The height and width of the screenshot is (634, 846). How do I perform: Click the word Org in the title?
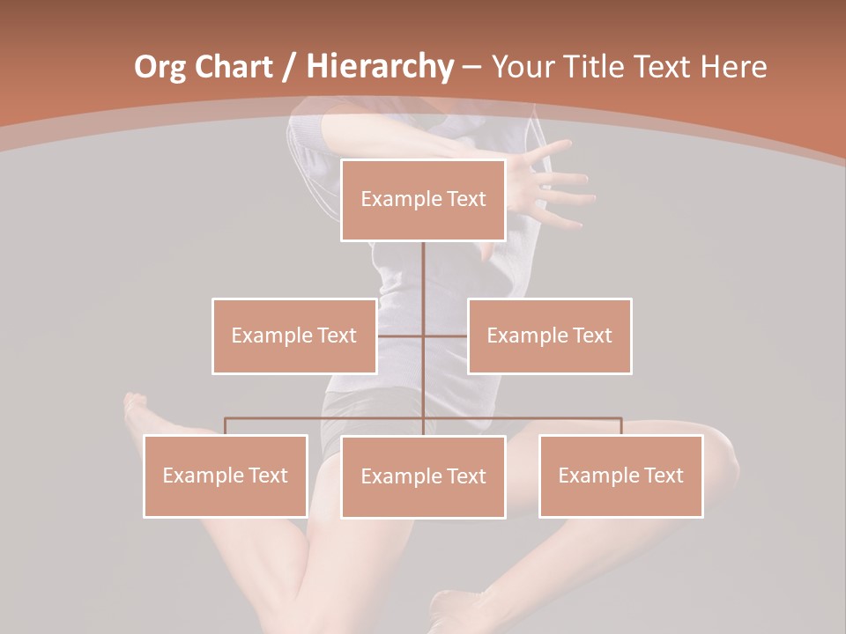pos(160,67)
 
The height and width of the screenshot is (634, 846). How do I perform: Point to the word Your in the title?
pos(521,67)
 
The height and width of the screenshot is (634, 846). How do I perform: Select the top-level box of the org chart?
pos(423,200)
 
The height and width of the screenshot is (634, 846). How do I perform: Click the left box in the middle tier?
pos(294,335)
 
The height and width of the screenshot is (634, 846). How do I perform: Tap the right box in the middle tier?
pos(549,335)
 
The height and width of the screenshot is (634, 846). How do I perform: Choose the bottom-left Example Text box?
pos(226,475)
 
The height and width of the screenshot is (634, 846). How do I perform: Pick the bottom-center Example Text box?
pos(423,476)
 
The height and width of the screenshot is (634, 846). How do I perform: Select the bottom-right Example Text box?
pos(620,475)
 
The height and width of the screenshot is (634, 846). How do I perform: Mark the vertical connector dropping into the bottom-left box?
pos(226,426)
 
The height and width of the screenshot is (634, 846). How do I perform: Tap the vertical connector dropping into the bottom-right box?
pos(620,426)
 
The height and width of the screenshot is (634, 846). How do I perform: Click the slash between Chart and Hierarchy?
pos(289,68)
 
